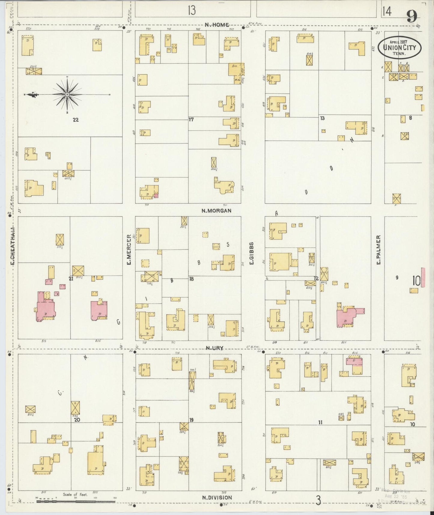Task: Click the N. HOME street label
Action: (217, 25)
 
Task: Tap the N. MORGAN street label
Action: (216, 211)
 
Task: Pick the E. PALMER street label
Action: (378, 250)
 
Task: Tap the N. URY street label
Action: (214, 348)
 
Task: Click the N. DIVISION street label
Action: (217, 498)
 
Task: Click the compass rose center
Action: (67, 95)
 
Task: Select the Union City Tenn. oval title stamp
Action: (399, 47)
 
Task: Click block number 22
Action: (76, 120)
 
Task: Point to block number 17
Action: (191, 119)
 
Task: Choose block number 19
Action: (192, 420)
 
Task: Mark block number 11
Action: (320, 422)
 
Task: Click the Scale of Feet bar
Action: (76, 501)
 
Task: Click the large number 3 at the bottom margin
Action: (318, 501)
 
